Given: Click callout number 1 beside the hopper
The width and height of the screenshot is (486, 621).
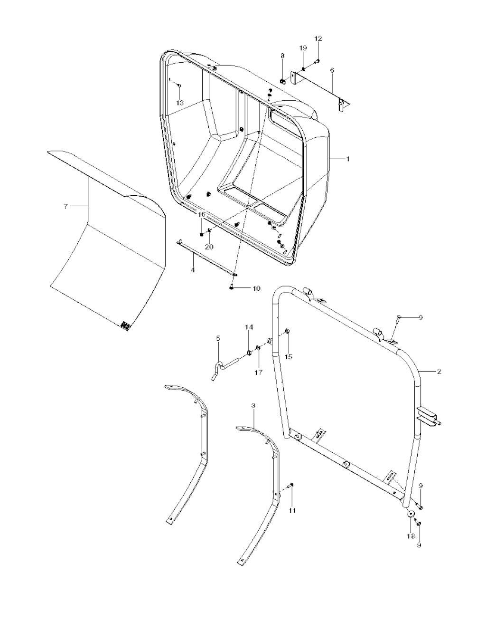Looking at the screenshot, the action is [x=348, y=159].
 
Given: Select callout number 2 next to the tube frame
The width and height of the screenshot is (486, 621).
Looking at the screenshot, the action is [x=439, y=372].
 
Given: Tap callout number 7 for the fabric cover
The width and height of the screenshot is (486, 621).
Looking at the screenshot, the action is [x=65, y=206].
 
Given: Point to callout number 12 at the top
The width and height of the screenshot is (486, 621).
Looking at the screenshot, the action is [x=318, y=38].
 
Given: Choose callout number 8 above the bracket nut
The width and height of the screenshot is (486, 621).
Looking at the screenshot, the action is [x=282, y=56].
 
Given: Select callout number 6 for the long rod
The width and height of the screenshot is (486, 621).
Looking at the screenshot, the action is [x=332, y=70].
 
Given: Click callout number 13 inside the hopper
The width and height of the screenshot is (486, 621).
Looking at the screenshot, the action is [x=180, y=103].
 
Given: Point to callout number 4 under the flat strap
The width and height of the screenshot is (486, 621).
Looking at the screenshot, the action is [x=193, y=270].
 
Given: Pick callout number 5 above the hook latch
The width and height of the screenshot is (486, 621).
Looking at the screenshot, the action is [x=218, y=338].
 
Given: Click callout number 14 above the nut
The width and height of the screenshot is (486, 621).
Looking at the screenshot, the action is [x=249, y=327].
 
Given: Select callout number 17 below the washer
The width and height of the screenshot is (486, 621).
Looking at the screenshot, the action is [x=259, y=373].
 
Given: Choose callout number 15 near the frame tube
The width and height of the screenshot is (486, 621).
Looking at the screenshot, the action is [x=289, y=357].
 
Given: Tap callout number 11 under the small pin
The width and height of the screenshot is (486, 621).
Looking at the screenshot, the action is [x=292, y=510].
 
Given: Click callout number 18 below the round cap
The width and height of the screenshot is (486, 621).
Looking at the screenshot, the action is [x=411, y=536].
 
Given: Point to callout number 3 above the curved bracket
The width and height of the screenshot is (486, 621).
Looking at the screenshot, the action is [x=253, y=405].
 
